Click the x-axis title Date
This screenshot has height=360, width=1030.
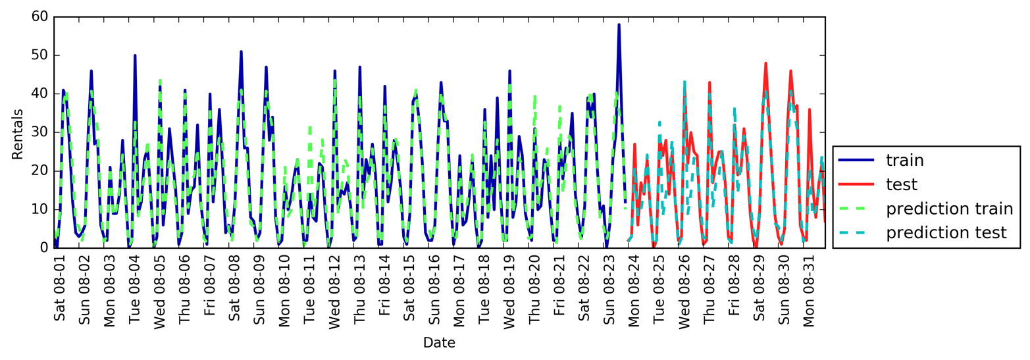(x=439, y=343)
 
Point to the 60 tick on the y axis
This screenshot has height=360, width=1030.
(x=39, y=16)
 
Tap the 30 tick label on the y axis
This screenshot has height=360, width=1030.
(x=39, y=132)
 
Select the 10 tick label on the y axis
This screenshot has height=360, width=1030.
(x=39, y=209)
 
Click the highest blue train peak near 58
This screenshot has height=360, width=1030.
(x=619, y=25)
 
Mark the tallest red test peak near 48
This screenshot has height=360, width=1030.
(x=765, y=63)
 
